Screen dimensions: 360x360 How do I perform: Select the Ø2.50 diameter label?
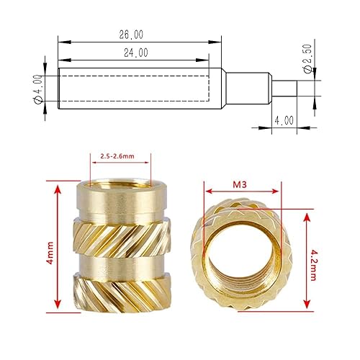tap(308, 60)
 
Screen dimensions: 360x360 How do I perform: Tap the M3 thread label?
tap(241, 184)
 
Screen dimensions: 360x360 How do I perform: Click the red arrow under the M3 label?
tap(241, 192)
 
